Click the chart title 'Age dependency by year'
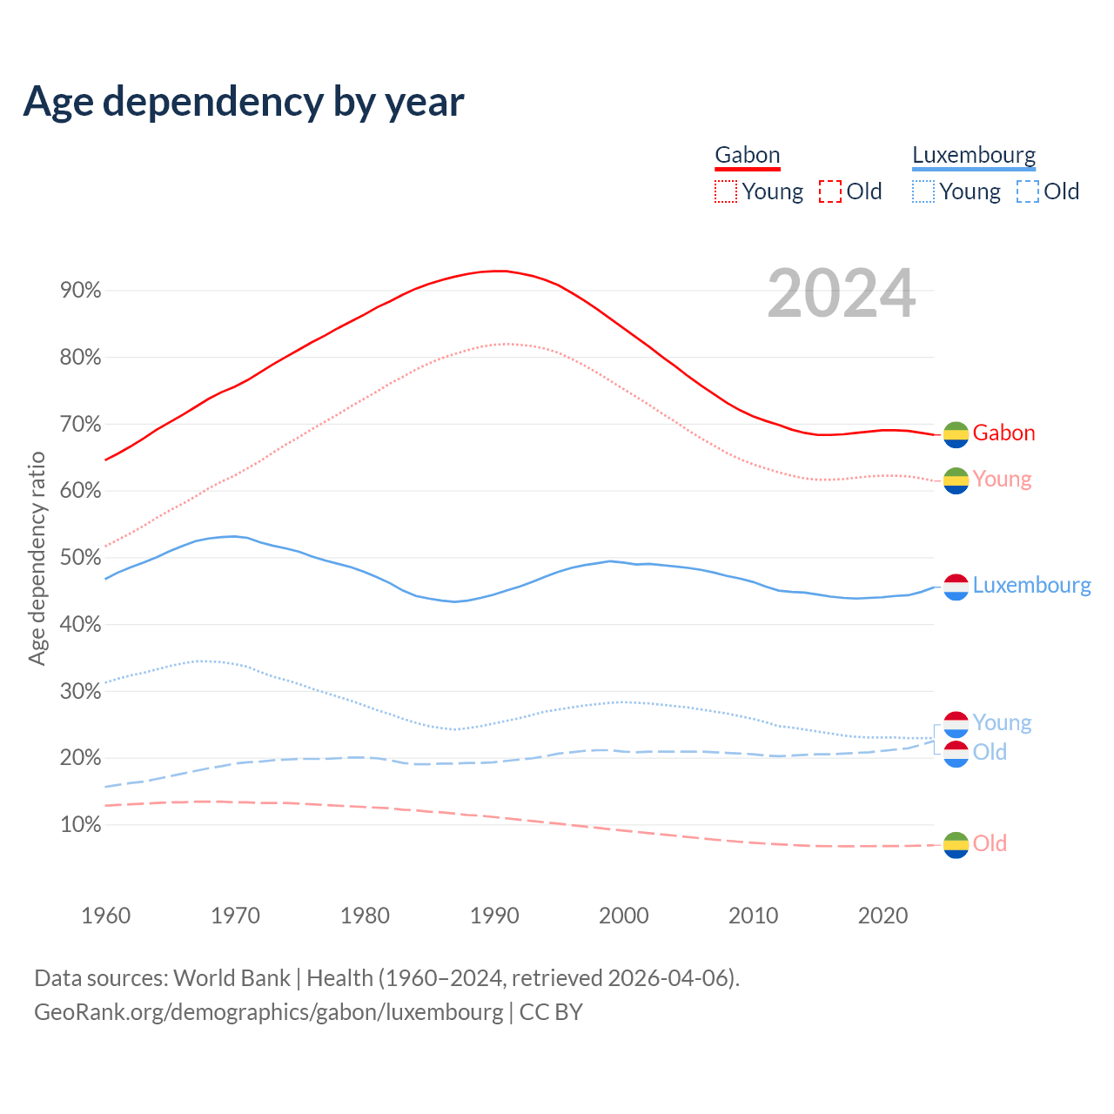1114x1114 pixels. pos(244,102)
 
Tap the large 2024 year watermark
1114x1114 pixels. pos(841,293)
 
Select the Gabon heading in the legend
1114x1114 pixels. pos(747,156)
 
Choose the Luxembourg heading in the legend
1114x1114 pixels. pos(974,156)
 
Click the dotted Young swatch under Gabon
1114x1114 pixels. pos(726,191)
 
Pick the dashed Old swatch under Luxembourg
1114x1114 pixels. pos(1027,191)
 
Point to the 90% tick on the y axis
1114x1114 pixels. pos(81,291)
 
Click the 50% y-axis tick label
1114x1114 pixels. pos(81,558)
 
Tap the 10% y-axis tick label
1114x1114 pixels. pos(81,825)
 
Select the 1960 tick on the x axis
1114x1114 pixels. pos(105,916)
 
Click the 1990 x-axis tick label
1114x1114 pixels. pos(494,916)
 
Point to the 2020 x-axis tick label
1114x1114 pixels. pos(882,916)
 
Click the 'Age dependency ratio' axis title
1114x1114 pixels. pos(37,558)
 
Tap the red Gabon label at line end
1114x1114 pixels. pos(1003,433)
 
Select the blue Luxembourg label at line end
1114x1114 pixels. pos(1031,586)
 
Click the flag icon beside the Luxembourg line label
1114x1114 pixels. pos(956,587)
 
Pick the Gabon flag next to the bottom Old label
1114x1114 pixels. pos(956,844)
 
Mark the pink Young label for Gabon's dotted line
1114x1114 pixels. pos(1002,480)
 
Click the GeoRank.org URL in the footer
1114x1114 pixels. pos(268,1012)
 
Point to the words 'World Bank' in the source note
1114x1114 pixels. pos(232,978)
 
